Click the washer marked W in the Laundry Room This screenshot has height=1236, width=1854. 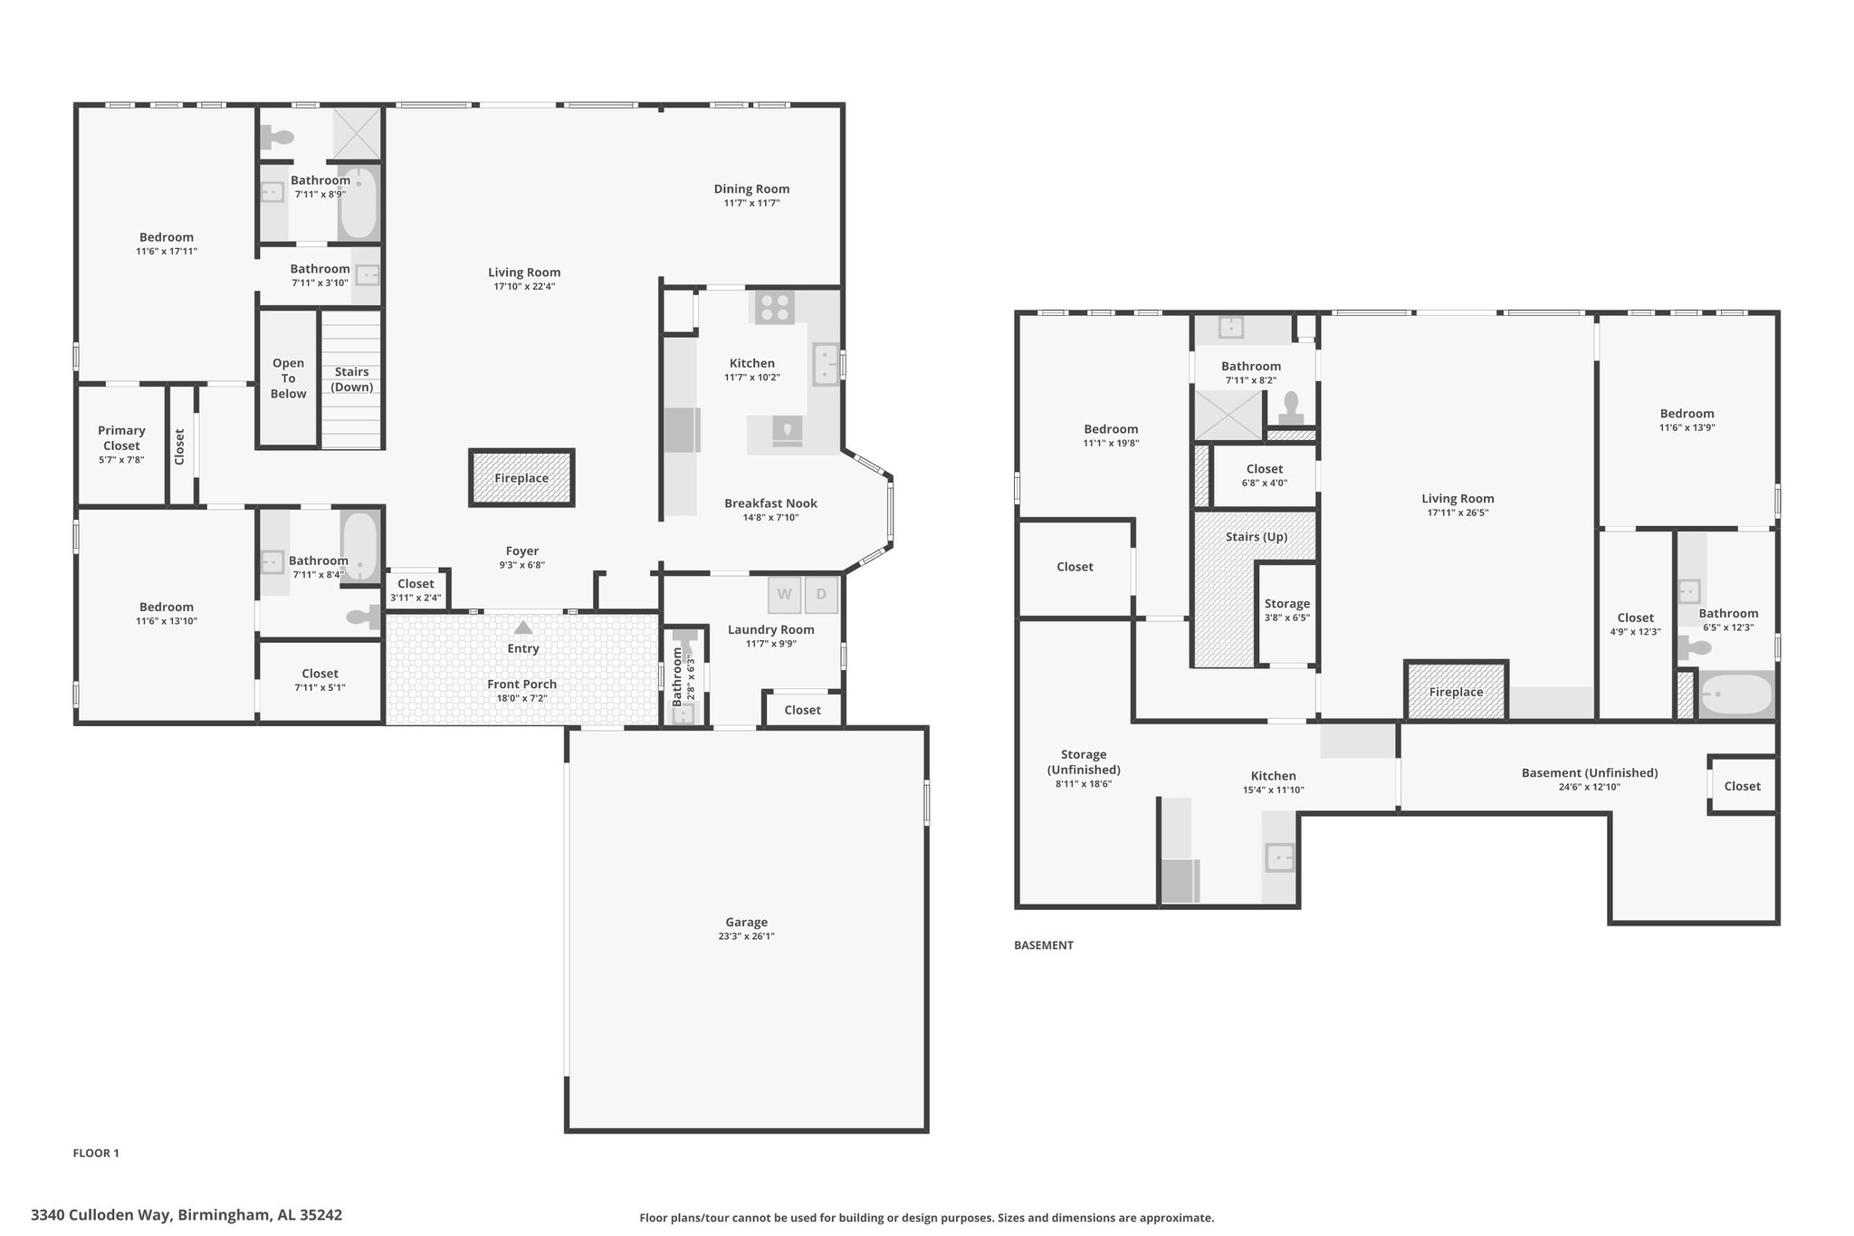click(785, 595)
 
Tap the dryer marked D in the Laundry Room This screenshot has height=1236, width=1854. click(821, 595)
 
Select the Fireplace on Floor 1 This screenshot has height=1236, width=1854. click(521, 477)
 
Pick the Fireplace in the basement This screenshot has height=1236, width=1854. click(1456, 691)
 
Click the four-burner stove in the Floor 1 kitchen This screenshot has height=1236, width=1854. click(774, 308)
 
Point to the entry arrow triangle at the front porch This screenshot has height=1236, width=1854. click(523, 628)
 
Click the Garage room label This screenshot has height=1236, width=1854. click(747, 922)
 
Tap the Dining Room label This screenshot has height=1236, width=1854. click(751, 189)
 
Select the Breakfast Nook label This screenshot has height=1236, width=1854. click(770, 503)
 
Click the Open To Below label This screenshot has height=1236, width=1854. click(289, 378)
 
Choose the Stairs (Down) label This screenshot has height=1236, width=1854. click(352, 379)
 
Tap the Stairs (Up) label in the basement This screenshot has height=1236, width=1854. click(1257, 537)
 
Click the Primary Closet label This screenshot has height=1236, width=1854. click(121, 438)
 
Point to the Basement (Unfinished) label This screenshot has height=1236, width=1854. click(1590, 773)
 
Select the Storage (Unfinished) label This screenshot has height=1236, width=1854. click(1084, 762)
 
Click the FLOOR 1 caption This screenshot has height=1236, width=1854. click(96, 1153)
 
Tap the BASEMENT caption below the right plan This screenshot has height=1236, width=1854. click(1044, 944)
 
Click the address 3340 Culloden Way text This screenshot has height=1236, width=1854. click(101, 1214)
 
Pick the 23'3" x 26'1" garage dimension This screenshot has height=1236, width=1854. click(747, 936)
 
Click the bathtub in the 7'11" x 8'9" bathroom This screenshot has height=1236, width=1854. click(359, 203)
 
